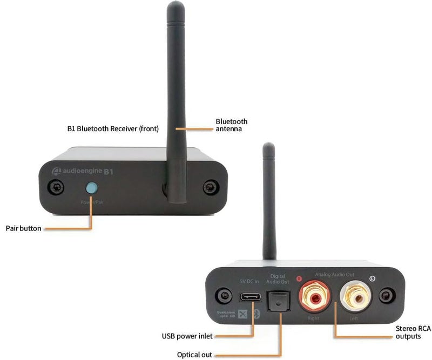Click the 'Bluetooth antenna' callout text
pyautogui.click(x=232, y=125)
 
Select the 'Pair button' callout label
pyautogui.click(x=23, y=228)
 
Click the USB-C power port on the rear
pyautogui.click(x=249, y=297)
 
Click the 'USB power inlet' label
pyautogui.click(x=187, y=336)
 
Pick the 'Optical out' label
pyautogui.click(x=194, y=355)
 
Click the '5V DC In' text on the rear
pyautogui.click(x=249, y=281)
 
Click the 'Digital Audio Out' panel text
pyautogui.click(x=278, y=279)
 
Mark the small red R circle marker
pyautogui.click(x=300, y=279)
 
